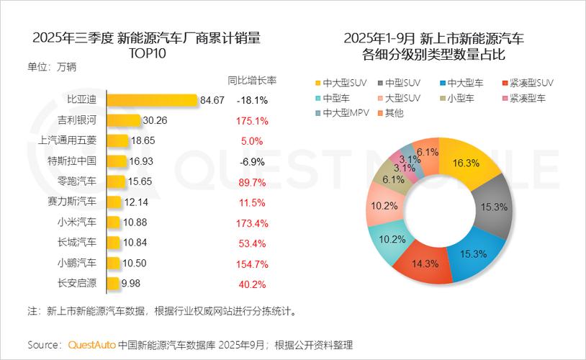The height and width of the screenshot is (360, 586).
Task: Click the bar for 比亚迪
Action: click(x=152, y=100)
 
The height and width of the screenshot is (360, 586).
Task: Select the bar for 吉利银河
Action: click(x=124, y=120)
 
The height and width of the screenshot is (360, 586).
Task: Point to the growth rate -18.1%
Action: click(x=252, y=100)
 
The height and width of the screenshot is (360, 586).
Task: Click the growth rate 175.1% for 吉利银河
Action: click(x=252, y=120)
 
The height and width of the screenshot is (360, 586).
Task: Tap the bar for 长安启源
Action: click(x=113, y=283)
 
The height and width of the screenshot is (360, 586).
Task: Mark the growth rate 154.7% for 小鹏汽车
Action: click(x=252, y=263)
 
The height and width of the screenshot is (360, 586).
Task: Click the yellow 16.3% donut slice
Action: click(x=472, y=165)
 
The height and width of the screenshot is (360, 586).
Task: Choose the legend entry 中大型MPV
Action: click(x=344, y=113)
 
